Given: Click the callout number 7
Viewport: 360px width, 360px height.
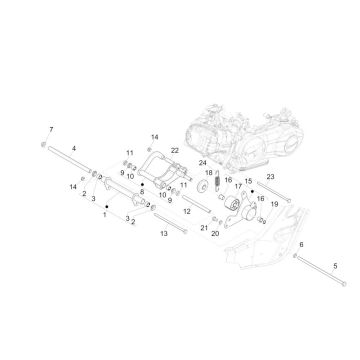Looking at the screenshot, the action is [51, 129].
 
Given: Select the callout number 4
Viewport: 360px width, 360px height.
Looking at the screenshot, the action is [74, 148].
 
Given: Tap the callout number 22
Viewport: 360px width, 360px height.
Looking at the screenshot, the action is [175, 150].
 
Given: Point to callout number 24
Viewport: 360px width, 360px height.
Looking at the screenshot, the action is [203, 163].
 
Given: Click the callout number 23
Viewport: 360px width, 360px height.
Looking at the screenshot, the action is [270, 177].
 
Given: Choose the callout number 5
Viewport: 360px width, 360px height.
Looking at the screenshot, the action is [335, 266].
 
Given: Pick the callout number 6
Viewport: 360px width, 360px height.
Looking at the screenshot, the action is [301, 245].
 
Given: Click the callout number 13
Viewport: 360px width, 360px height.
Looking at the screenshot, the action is [164, 234].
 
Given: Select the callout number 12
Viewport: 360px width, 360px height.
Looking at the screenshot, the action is [187, 211].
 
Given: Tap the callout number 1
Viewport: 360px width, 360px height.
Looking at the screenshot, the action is [105, 215].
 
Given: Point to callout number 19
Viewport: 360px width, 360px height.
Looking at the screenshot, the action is [274, 204].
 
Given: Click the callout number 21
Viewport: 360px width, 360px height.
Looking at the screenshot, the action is [204, 228].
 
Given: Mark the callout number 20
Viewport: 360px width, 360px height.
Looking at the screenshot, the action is [215, 234].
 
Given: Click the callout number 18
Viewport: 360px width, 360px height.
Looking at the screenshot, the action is [209, 173].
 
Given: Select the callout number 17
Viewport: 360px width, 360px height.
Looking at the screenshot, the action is [238, 186].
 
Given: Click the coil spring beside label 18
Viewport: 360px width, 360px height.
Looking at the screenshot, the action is [217, 182].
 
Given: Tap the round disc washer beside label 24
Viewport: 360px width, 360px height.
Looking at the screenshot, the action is [202, 187].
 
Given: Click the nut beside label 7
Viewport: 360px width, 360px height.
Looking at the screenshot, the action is [43, 144].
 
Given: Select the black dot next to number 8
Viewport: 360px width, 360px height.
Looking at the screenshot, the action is [142, 184].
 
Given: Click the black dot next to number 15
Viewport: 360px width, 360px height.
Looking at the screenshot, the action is [252, 192].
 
